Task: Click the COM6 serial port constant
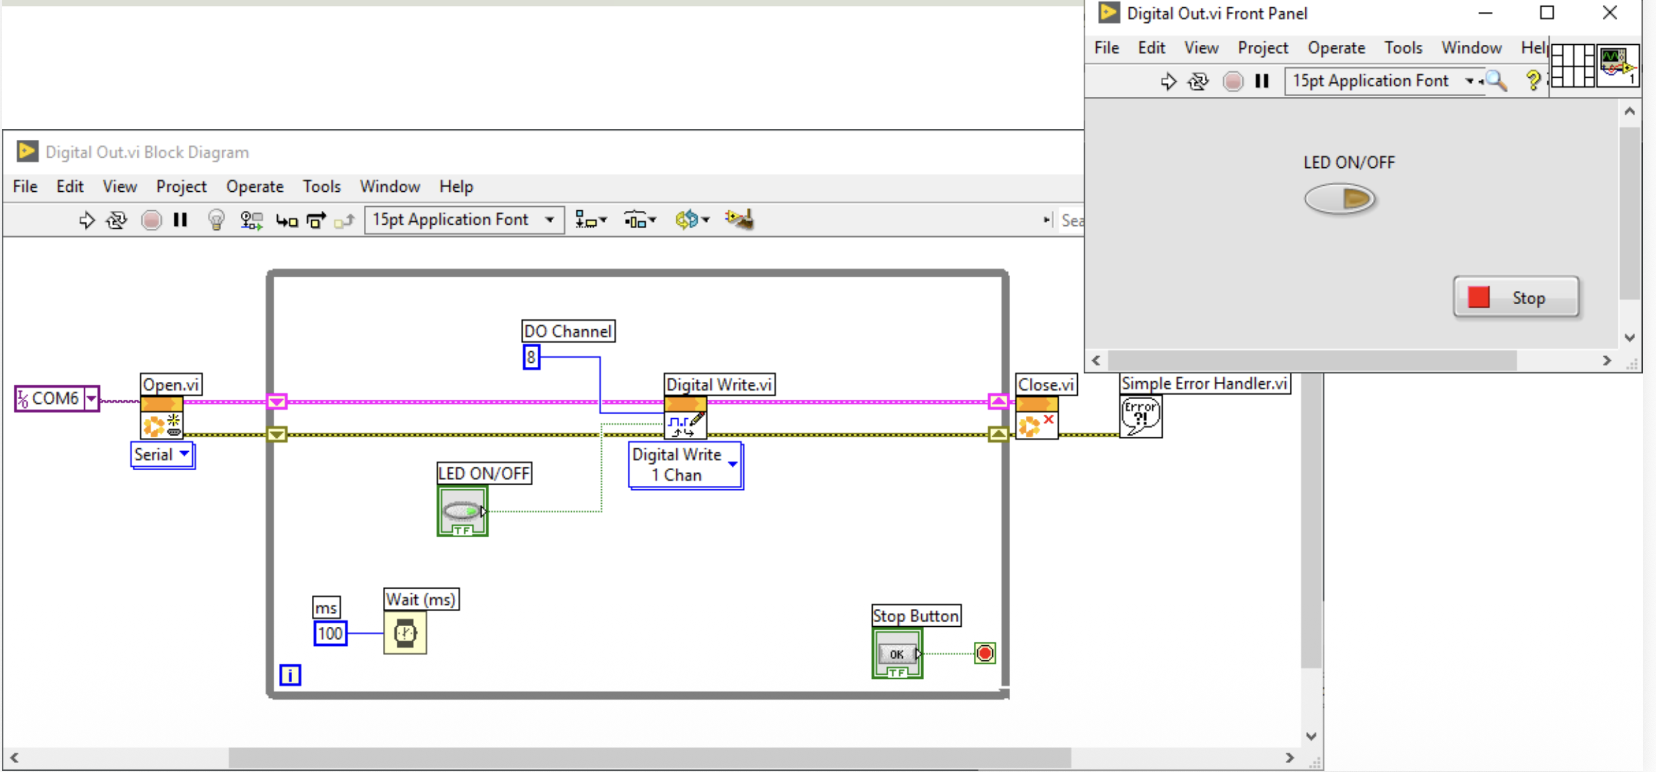point(57,399)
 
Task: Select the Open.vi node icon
point(161,418)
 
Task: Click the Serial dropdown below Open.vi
point(162,455)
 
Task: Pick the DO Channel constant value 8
point(531,357)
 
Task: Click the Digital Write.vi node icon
point(685,418)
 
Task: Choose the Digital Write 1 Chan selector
point(685,465)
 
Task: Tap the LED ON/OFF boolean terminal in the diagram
point(462,511)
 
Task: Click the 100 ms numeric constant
point(330,633)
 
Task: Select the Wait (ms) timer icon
point(405,633)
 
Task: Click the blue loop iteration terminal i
point(290,675)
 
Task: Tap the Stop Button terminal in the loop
point(897,654)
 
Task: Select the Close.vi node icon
point(1037,418)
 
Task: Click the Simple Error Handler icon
point(1141,416)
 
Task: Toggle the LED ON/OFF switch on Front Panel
point(1340,198)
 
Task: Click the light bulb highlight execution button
point(216,220)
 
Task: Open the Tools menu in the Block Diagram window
point(321,187)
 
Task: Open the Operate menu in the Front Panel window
point(1336,48)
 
